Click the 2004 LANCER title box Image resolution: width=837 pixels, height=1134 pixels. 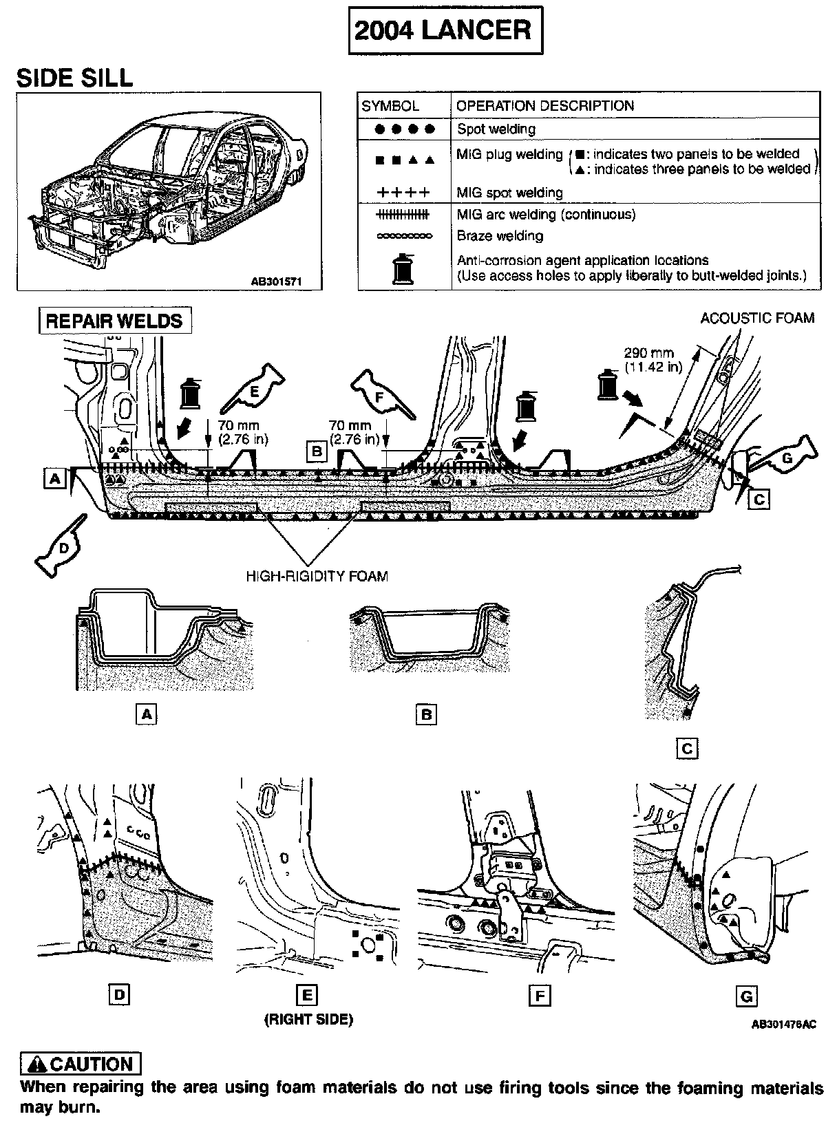pyautogui.click(x=445, y=30)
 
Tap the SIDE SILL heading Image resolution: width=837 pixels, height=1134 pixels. pyautogui.click(x=74, y=78)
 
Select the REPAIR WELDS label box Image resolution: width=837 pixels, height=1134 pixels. pyautogui.click(x=114, y=321)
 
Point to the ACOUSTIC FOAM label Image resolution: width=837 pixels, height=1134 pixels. pyautogui.click(x=756, y=318)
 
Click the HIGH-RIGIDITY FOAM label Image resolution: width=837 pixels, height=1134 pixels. pyautogui.click(x=317, y=576)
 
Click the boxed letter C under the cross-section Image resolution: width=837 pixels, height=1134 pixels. pyautogui.click(x=687, y=747)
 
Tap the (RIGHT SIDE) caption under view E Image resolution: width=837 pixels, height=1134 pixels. pyautogui.click(x=308, y=1019)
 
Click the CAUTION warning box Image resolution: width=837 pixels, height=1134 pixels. pyautogui.click(x=81, y=1064)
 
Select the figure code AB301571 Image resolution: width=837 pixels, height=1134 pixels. pyautogui.click(x=275, y=281)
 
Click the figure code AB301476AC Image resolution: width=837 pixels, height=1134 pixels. pyautogui.click(x=783, y=1024)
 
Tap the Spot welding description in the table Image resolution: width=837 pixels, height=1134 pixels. pyautogui.click(x=496, y=129)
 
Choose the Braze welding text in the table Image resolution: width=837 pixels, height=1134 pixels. pyautogui.click(x=500, y=236)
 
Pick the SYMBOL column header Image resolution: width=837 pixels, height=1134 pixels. pyautogui.click(x=390, y=106)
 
